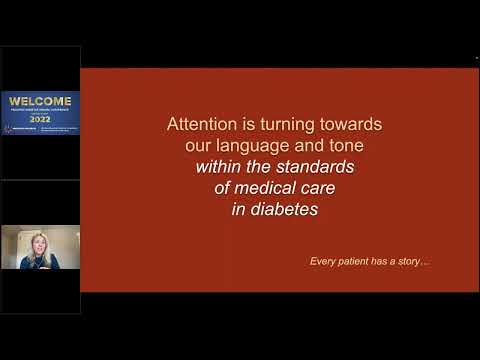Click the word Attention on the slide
199,124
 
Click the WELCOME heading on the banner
40,100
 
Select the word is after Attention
240,124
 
